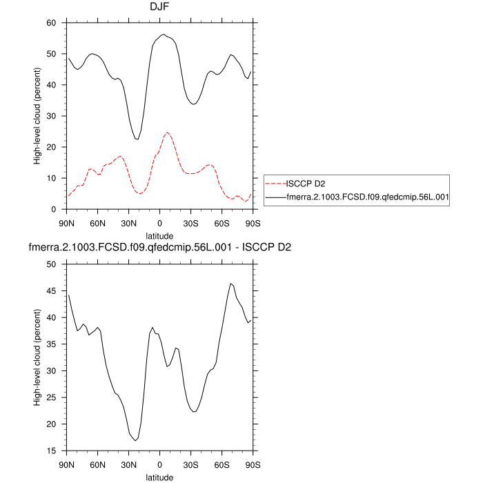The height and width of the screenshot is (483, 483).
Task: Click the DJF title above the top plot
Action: click(160, 8)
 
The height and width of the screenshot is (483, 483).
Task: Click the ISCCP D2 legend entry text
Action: click(306, 184)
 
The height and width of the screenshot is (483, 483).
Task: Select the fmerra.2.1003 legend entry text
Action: click(368, 197)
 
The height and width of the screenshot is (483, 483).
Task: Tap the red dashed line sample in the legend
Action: click(275, 184)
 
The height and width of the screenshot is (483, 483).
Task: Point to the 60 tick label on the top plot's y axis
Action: click(50, 23)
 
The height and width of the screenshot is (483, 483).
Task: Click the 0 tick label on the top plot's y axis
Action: click(53, 209)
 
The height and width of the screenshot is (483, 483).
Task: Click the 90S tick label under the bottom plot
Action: click(253, 464)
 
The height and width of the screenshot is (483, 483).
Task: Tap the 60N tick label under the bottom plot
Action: click(98, 464)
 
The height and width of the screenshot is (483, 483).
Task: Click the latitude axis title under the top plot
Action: click(159, 235)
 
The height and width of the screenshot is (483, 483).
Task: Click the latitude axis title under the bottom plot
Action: click(159, 477)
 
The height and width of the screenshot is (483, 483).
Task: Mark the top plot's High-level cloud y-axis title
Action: click(38, 116)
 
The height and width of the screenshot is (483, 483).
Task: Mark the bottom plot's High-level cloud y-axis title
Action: click(38, 357)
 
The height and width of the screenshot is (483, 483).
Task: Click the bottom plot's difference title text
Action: click(159, 248)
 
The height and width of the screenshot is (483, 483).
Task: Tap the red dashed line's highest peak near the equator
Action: click(167, 132)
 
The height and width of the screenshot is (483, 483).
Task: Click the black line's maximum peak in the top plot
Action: click(164, 34)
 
